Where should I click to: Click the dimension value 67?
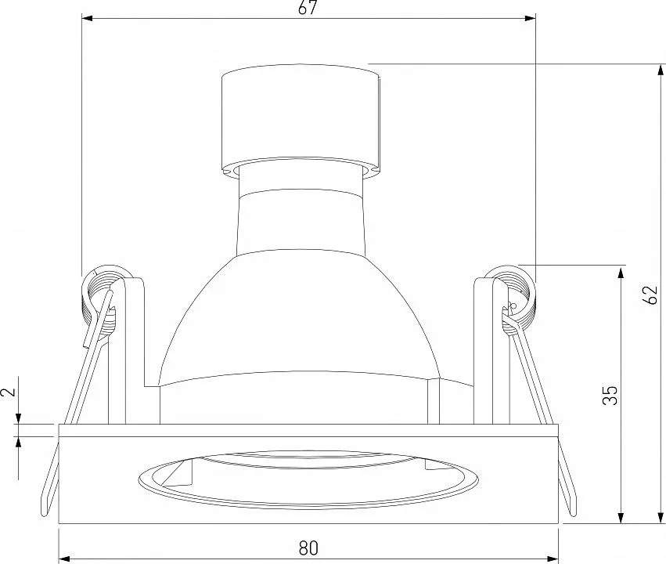308,8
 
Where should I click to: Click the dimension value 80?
308,548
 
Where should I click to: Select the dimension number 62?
650,295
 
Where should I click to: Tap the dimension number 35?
610,395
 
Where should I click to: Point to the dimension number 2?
9,391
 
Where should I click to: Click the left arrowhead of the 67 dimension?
87,18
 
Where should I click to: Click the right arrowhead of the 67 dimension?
530,18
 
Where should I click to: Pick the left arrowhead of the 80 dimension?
63,558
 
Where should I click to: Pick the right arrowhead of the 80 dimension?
553,558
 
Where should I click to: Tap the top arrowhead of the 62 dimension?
661,70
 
